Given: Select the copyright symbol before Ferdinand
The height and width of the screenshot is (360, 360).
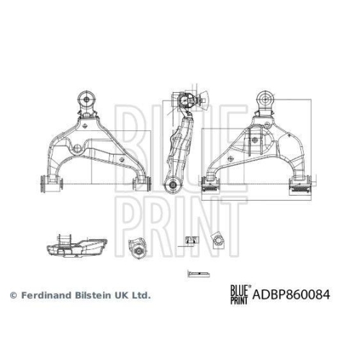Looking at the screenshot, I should click(x=12, y=295).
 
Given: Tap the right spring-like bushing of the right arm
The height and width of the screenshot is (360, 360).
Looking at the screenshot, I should click(x=300, y=186).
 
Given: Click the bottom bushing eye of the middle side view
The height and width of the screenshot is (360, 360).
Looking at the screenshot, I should click(x=173, y=186).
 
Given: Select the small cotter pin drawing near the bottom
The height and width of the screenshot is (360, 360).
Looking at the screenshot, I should click(x=195, y=273).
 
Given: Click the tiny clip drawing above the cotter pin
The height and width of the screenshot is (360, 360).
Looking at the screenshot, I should click(x=190, y=238).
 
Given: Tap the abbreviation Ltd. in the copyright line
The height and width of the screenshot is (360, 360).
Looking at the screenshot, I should click(x=141, y=295).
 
